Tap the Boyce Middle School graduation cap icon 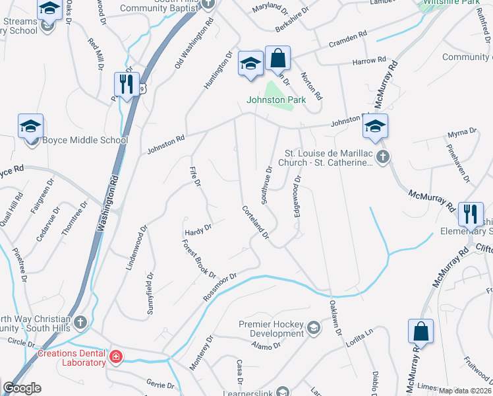(x=30, y=126)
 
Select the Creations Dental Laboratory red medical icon (x=117, y=357)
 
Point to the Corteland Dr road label (x=256, y=222)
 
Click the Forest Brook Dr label (x=199, y=258)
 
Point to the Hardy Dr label (x=198, y=229)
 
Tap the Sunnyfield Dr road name (x=150, y=294)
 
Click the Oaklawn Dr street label (x=335, y=318)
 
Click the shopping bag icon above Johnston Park (x=278, y=59)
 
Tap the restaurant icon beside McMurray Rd (x=470, y=213)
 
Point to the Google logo (x=22, y=388)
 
